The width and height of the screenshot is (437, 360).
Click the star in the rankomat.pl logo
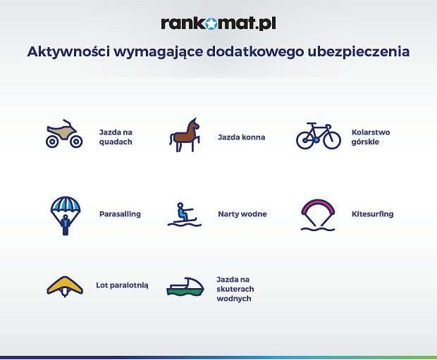pyautogui.click(x=211, y=24)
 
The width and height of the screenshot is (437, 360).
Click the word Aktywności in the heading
pyautogui.click(x=68, y=52)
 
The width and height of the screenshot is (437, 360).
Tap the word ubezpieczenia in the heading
pyautogui.click(x=358, y=52)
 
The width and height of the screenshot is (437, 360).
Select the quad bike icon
pyautogui.click(x=64, y=133)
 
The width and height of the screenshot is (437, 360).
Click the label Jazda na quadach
pyautogui.click(x=116, y=137)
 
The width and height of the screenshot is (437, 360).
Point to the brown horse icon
pyautogui.click(x=185, y=135)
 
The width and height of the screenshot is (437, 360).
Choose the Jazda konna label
pyautogui.click(x=241, y=137)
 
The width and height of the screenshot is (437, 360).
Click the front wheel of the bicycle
pyautogui.click(x=332, y=140)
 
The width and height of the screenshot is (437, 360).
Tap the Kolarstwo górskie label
pyautogui.click(x=370, y=137)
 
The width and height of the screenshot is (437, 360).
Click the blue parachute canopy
pyautogui.click(x=66, y=204)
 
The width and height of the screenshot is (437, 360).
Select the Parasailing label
pyautogui.click(x=120, y=214)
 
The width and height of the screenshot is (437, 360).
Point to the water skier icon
pyautogui.click(x=184, y=215)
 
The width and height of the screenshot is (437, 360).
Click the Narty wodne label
pyautogui.click(x=242, y=214)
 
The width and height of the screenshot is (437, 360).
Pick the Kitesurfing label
pyautogui.click(x=372, y=214)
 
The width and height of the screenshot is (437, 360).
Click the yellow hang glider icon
pyautogui.click(x=65, y=286)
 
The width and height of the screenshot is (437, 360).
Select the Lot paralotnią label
pyautogui.click(x=122, y=285)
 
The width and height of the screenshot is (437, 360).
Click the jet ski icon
pyautogui.click(x=185, y=287)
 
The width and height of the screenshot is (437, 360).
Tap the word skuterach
pyautogui.click(x=235, y=289)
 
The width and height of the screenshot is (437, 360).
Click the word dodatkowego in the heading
pyautogui.click(x=255, y=52)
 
